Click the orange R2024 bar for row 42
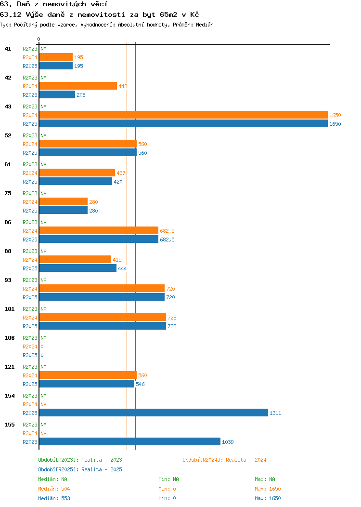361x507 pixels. (78, 86)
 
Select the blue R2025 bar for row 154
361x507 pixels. (154, 413)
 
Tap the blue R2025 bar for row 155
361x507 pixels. (130, 441)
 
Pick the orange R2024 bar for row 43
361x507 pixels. (183, 115)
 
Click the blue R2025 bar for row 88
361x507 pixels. (78, 268)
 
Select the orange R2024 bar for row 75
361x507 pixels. (63, 202)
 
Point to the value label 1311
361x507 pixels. (275, 413)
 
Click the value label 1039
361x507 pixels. (228, 442)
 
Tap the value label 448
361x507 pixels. (123, 86)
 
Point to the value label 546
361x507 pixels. (140, 384)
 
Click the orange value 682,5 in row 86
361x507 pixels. (167, 231)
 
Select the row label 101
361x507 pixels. (9, 309)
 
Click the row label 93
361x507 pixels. (8, 280)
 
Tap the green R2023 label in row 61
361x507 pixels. (30, 164)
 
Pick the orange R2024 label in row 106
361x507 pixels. (30, 347)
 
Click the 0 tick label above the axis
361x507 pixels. (39, 39)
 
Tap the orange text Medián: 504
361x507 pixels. (54, 489)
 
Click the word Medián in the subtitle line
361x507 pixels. (205, 25)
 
